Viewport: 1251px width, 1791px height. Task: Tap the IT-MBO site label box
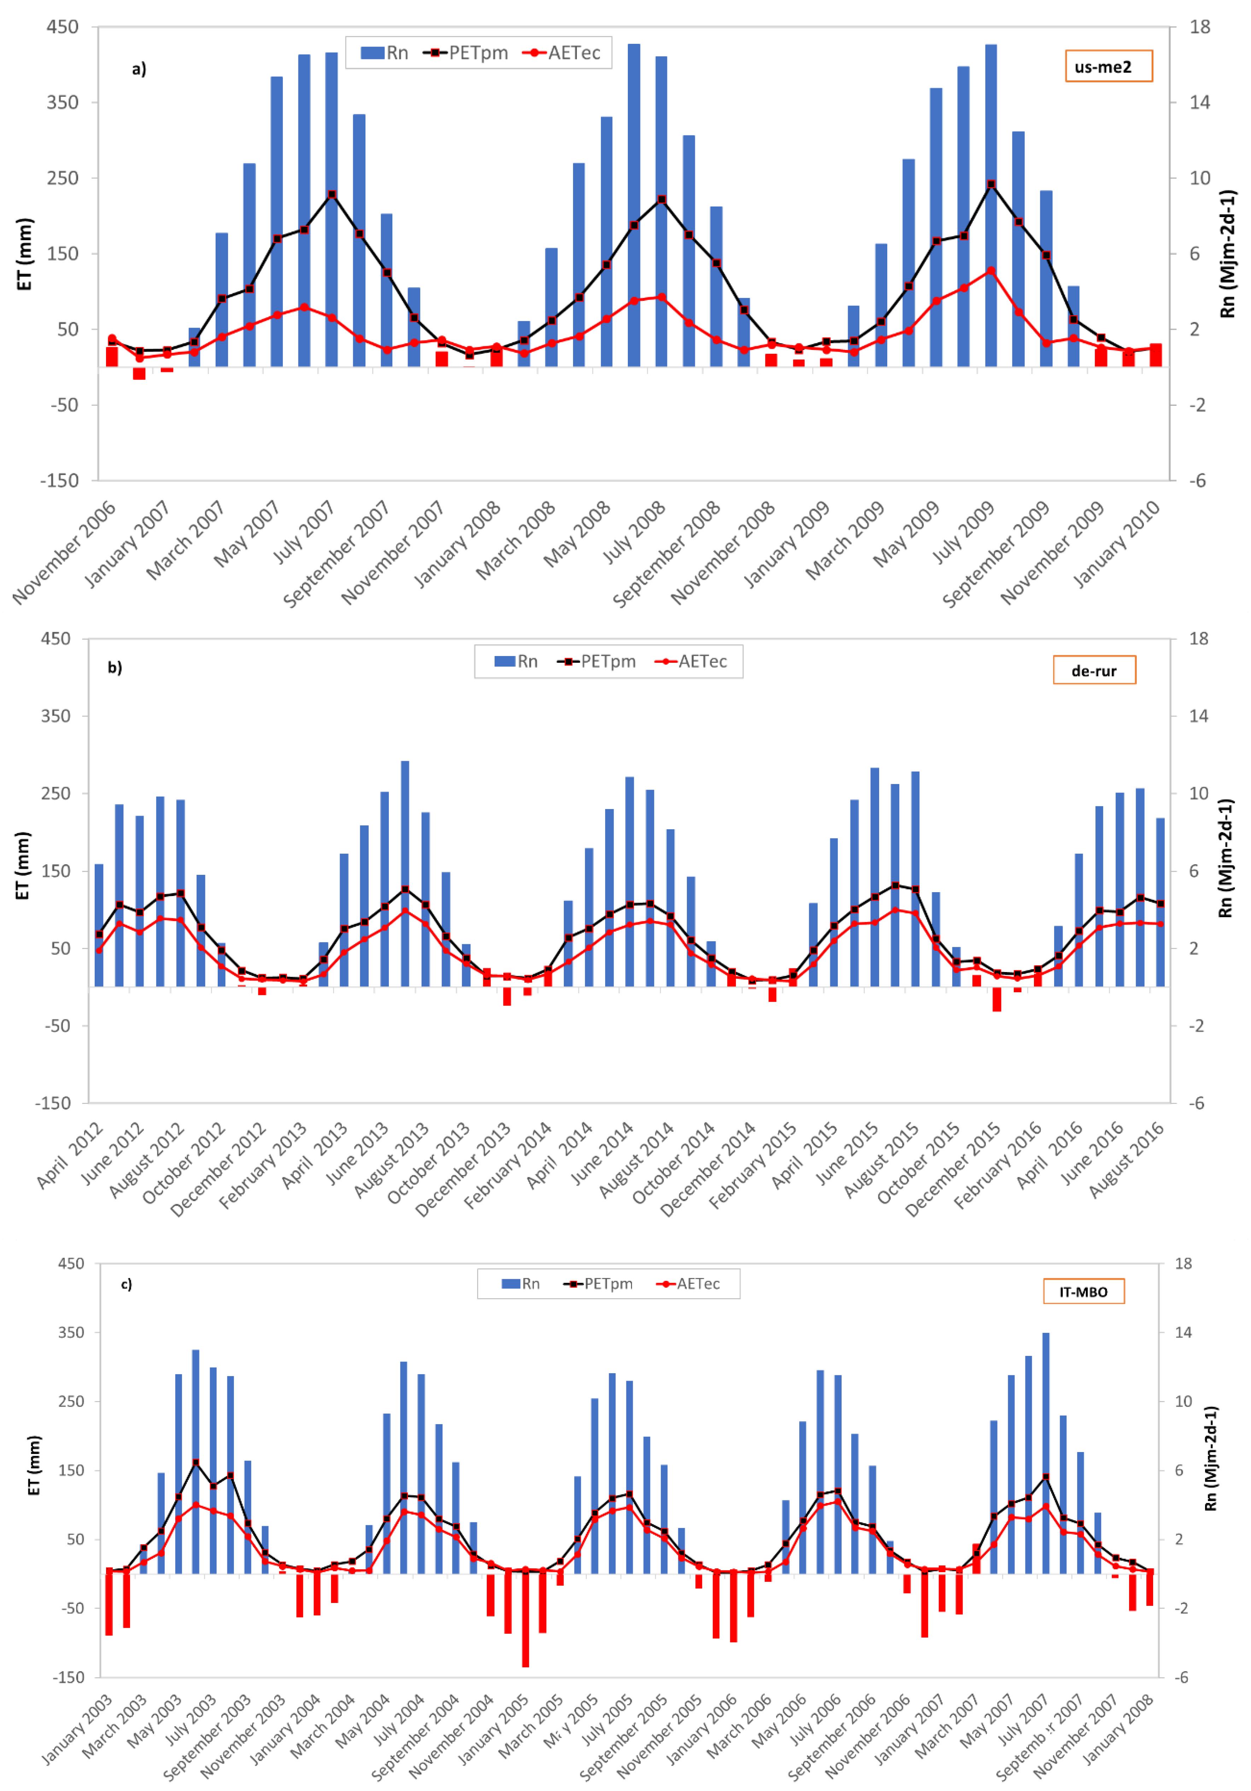point(1083,1292)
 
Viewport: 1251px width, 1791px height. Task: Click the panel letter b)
point(115,668)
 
